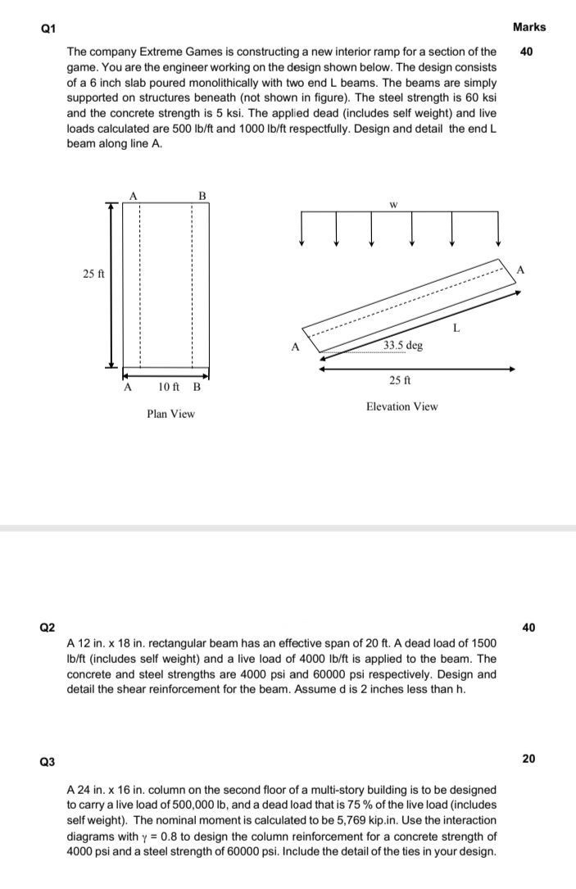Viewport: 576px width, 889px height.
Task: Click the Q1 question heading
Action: pos(47,28)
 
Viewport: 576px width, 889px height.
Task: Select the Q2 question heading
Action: pos(47,628)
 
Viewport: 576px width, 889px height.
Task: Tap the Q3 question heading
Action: pos(47,762)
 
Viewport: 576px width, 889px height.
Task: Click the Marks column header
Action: pos(528,27)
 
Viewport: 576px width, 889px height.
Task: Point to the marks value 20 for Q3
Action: pos(528,759)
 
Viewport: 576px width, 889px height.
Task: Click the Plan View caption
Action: pos(170,414)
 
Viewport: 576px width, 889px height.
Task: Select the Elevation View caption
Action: pos(401,406)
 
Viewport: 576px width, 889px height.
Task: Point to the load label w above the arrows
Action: pos(393,205)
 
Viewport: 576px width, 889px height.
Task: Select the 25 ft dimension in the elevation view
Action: pos(401,380)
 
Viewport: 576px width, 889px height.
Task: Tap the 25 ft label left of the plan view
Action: pos(93,274)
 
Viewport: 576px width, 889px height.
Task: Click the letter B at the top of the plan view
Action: pos(202,195)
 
